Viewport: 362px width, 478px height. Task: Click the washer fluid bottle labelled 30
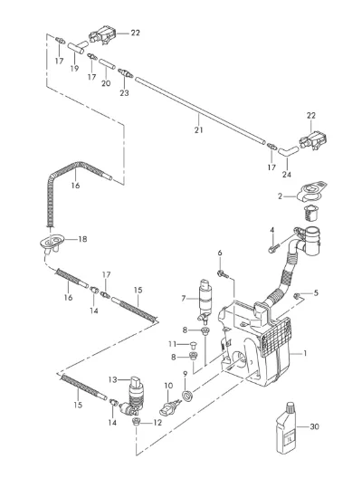click(x=287, y=427)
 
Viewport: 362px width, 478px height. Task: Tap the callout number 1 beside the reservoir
click(x=305, y=354)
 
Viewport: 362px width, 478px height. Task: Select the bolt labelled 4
click(x=273, y=247)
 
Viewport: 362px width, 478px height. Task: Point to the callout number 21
click(x=199, y=129)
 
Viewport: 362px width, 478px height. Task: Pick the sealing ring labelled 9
click(x=187, y=395)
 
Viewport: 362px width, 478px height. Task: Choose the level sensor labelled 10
click(x=170, y=406)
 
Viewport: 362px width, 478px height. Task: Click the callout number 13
click(x=112, y=380)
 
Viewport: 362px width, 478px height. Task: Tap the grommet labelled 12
click(x=137, y=423)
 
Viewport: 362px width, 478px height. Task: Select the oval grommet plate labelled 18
click(x=52, y=241)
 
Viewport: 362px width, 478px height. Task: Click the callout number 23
click(x=124, y=93)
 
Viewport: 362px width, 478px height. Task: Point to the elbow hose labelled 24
click(x=288, y=151)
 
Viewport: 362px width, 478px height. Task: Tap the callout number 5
click(x=316, y=293)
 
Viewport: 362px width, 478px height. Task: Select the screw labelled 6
click(x=223, y=274)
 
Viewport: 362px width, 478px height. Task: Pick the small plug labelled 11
click(x=193, y=345)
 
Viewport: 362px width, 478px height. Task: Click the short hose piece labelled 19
click(x=76, y=48)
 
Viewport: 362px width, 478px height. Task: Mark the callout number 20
click(x=106, y=83)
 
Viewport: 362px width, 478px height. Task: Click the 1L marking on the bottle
click(x=289, y=439)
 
